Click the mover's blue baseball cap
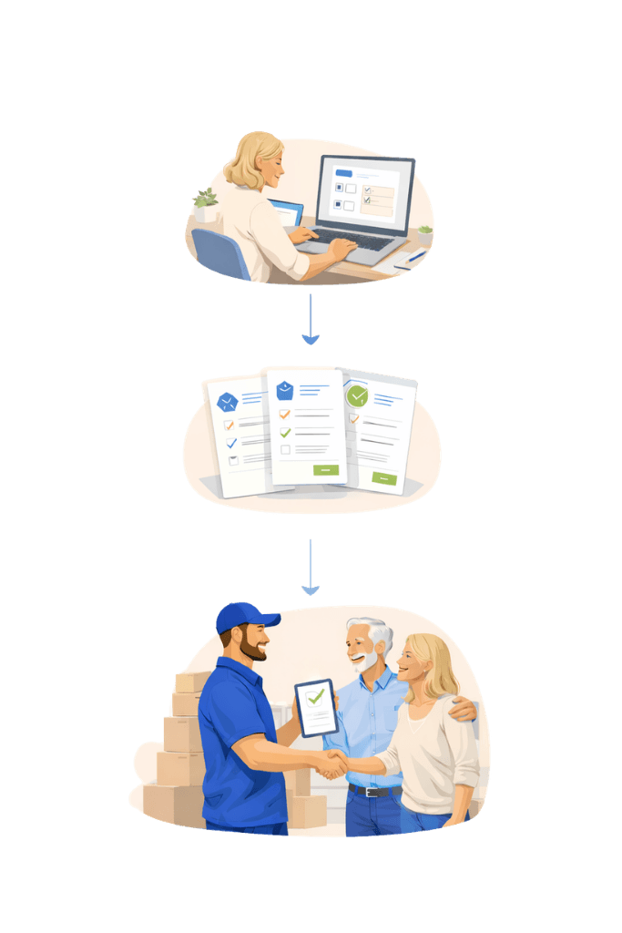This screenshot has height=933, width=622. pos(244,617)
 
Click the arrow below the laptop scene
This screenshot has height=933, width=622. pos(311,321)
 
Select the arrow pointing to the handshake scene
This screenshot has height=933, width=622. pos(311,567)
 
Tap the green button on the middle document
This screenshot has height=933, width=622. pos(325,470)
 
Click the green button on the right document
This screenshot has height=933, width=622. pos(384,477)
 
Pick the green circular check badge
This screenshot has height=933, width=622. pos(357,395)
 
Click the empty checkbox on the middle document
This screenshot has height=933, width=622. pos(285,449)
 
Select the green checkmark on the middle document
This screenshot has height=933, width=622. pos(285,432)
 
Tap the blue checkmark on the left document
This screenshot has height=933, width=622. pos(231,443)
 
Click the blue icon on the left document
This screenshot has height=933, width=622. pos(227,402)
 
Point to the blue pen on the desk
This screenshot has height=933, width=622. pos(414,257)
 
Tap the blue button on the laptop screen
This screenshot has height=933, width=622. pos(343,172)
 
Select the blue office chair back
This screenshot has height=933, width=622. pos(219,252)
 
